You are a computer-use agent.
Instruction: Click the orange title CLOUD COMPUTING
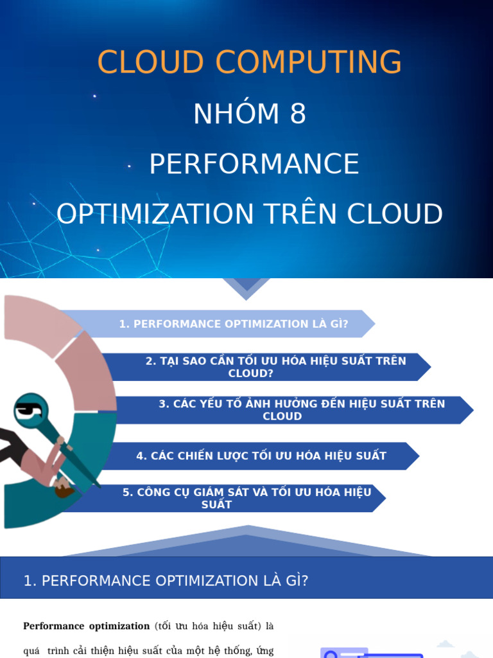(x=249, y=63)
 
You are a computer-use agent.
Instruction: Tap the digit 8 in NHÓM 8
(x=297, y=114)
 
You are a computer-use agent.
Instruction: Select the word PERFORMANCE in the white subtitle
(x=254, y=164)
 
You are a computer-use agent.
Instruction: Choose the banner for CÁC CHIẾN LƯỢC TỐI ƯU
(x=261, y=456)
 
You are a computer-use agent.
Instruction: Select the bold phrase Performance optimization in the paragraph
(x=86, y=626)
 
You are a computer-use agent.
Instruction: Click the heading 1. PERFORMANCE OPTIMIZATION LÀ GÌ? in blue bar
(x=166, y=581)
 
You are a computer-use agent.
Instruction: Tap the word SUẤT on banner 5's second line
(x=216, y=505)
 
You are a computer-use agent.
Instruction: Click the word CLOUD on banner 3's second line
(x=282, y=416)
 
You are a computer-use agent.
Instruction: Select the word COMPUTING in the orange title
(x=309, y=63)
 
